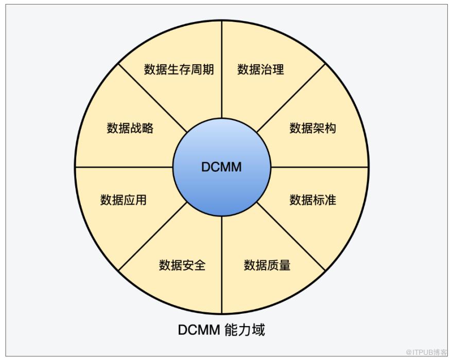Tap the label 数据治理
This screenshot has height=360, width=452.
pos(260,69)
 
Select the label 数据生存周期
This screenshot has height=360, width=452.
pos(179,69)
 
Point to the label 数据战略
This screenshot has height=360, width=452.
pos(130,128)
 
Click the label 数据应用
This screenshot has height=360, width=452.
pos(124,200)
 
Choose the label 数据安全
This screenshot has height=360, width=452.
pos(182,265)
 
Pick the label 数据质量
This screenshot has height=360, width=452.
pos(267,265)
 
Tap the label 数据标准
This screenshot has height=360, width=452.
pos(313,200)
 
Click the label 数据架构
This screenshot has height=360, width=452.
pos(313,128)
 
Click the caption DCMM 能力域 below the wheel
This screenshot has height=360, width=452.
pos(221,330)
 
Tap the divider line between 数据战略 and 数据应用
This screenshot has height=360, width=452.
pos(124,167)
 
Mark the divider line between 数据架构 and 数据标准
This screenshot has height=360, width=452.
pos(319,167)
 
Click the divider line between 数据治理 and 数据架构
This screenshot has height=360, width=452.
pos(291,98)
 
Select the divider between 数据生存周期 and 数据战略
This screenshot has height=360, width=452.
pos(153,98)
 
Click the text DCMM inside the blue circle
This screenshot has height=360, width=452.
pos(221,167)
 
